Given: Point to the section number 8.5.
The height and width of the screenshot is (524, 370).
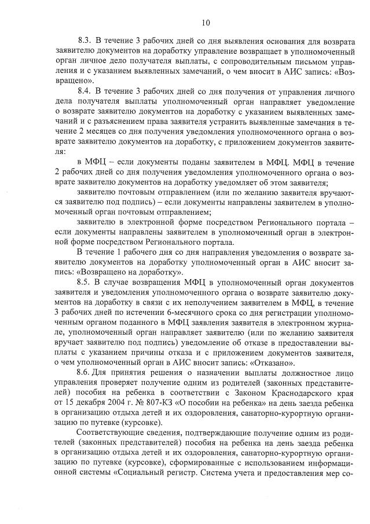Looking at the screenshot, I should tap(85, 281).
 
